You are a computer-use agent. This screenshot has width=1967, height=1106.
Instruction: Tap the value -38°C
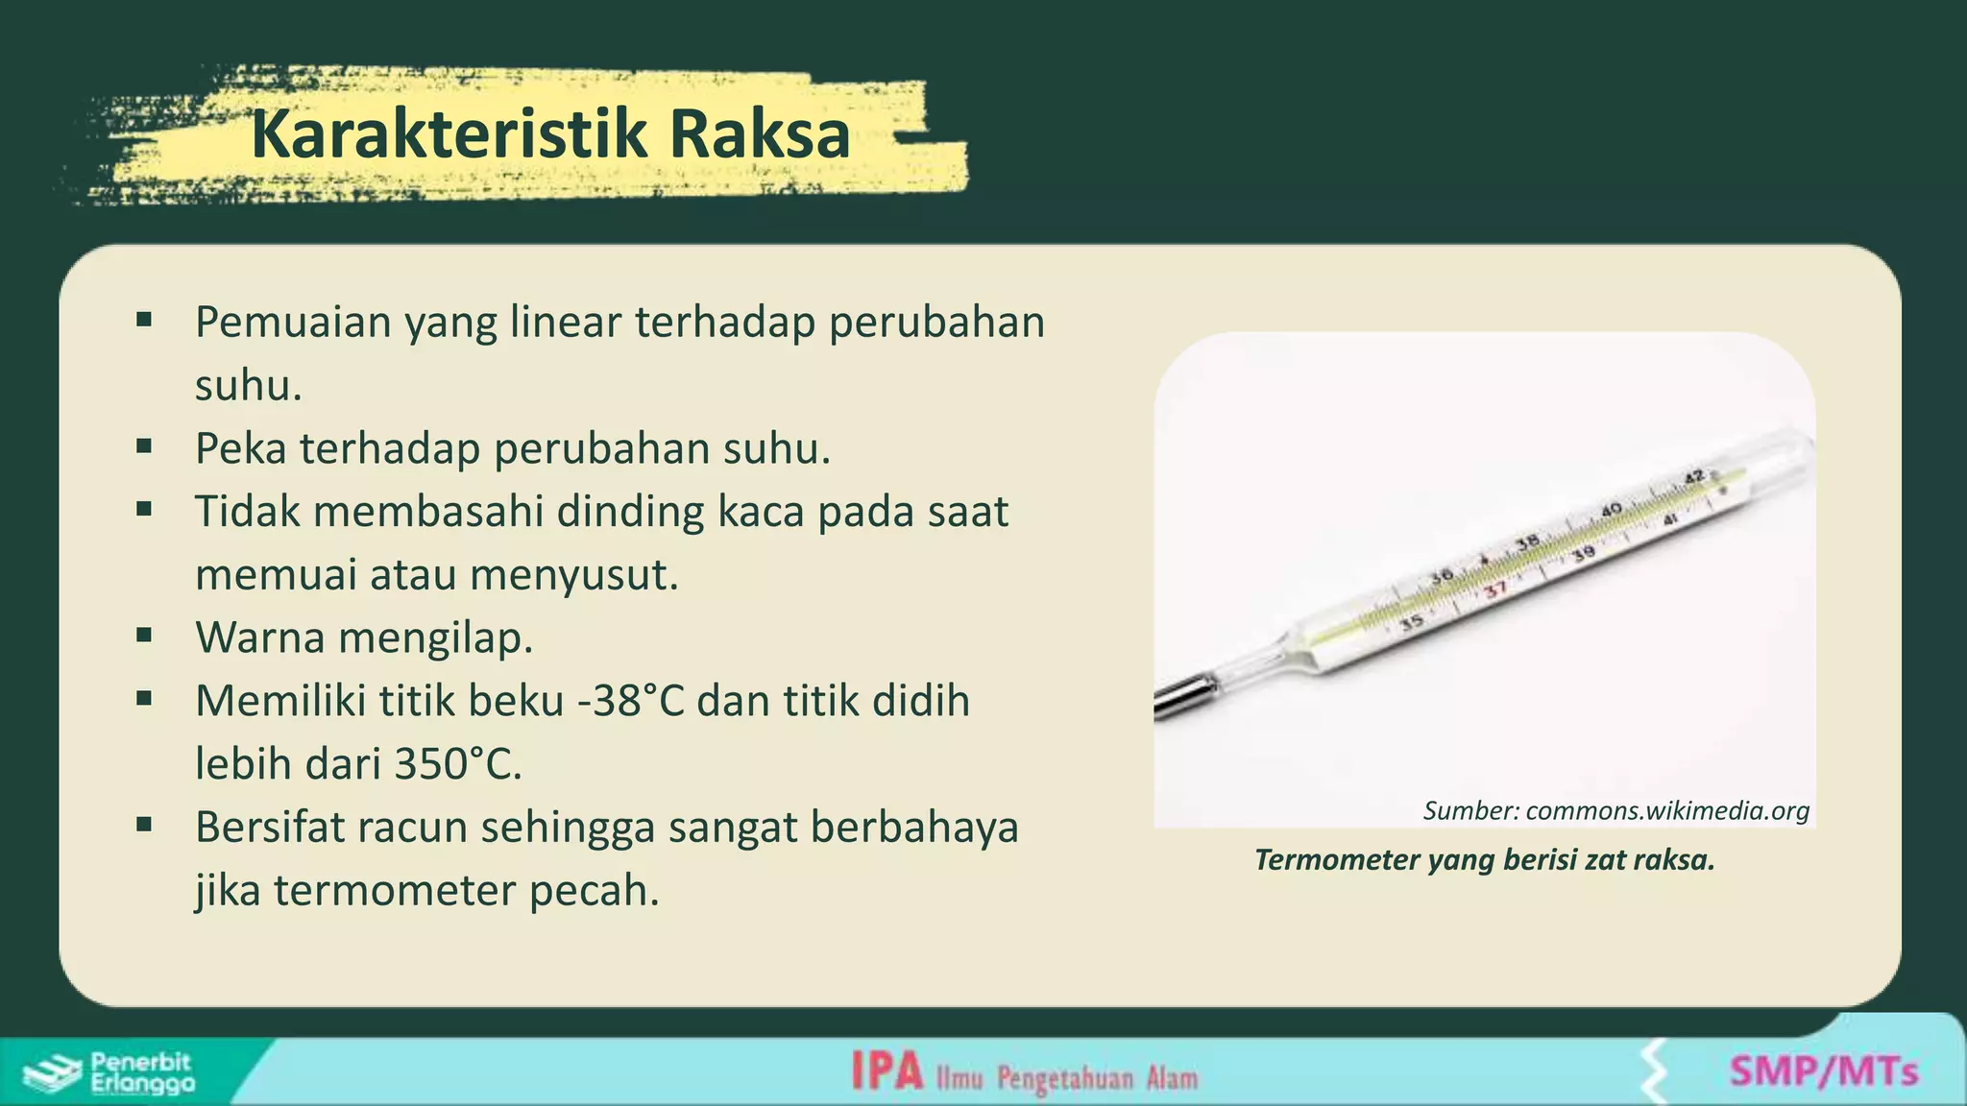click(x=631, y=701)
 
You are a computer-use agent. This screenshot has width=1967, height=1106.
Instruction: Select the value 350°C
click(x=458, y=764)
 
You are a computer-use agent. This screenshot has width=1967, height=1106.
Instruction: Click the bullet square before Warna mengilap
click(x=144, y=635)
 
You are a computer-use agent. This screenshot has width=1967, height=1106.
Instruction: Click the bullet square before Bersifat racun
click(x=144, y=824)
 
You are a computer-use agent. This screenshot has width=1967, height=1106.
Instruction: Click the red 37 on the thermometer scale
click(x=1495, y=589)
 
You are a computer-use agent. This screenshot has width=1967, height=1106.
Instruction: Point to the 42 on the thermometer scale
click(x=1693, y=476)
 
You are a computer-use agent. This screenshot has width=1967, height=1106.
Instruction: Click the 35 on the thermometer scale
click(x=1411, y=624)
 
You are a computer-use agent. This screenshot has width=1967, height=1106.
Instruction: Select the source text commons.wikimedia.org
click(x=1666, y=811)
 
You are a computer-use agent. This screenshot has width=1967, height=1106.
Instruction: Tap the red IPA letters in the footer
click(x=886, y=1071)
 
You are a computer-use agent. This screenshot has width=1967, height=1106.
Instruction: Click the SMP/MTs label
click(x=1823, y=1070)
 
